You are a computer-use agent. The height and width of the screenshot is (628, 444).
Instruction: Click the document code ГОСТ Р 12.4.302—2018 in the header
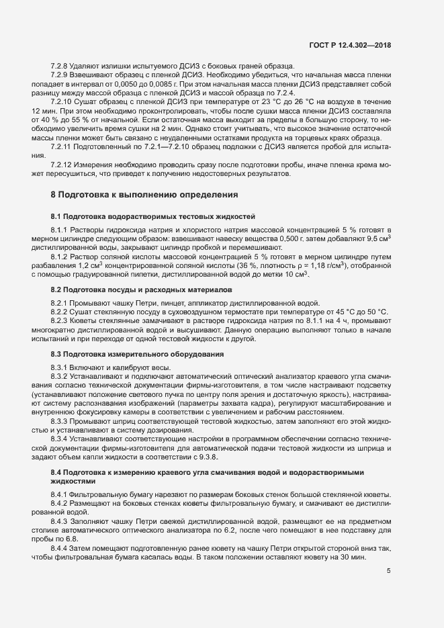point(351,45)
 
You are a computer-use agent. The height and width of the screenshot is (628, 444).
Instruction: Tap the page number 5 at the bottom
point(389,571)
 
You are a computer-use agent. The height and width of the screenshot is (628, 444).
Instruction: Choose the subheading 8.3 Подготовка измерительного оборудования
point(138,353)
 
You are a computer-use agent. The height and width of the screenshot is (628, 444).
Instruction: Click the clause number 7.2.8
point(60,65)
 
